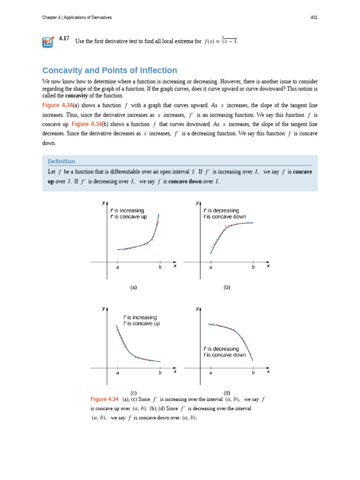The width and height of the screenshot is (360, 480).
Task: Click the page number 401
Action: (x=314, y=17)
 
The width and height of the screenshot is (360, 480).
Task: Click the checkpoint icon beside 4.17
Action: (x=48, y=42)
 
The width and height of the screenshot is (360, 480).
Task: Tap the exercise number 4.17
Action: (x=64, y=38)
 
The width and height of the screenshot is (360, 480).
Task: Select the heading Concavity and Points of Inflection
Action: (x=110, y=70)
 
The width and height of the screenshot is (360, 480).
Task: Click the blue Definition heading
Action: (x=61, y=161)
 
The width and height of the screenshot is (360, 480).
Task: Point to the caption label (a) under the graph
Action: (x=134, y=287)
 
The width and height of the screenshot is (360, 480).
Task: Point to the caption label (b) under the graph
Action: (x=227, y=287)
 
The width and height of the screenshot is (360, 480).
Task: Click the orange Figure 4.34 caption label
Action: (x=105, y=399)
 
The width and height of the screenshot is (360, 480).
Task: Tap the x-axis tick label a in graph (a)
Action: (x=117, y=268)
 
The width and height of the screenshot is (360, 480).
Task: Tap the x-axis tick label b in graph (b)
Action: (x=253, y=268)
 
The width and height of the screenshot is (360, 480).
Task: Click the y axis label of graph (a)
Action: (x=103, y=203)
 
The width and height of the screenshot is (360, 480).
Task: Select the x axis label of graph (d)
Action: (x=268, y=372)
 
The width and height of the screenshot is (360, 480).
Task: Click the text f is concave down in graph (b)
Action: (x=225, y=217)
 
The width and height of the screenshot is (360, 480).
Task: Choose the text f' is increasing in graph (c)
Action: (x=140, y=317)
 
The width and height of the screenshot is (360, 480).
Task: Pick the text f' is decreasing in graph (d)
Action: (x=221, y=349)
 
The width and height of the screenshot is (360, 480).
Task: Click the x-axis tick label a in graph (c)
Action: (x=117, y=373)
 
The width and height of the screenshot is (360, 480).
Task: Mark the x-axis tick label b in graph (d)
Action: (x=253, y=373)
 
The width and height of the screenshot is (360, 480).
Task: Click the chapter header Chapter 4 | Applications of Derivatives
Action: (x=77, y=17)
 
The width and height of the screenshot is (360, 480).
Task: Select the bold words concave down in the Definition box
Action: (x=185, y=181)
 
